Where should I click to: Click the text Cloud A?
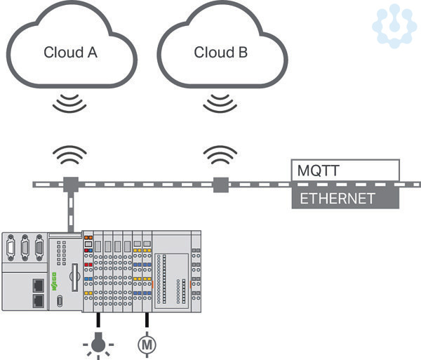tap(69, 52)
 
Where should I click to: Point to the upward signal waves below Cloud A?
tap(69, 154)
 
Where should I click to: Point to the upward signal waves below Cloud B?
tap(220, 154)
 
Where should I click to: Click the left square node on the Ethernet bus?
tap(69, 185)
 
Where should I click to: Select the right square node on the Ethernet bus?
tap(220, 185)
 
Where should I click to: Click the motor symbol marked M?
tap(147, 344)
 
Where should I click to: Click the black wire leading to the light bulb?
tap(98, 322)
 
